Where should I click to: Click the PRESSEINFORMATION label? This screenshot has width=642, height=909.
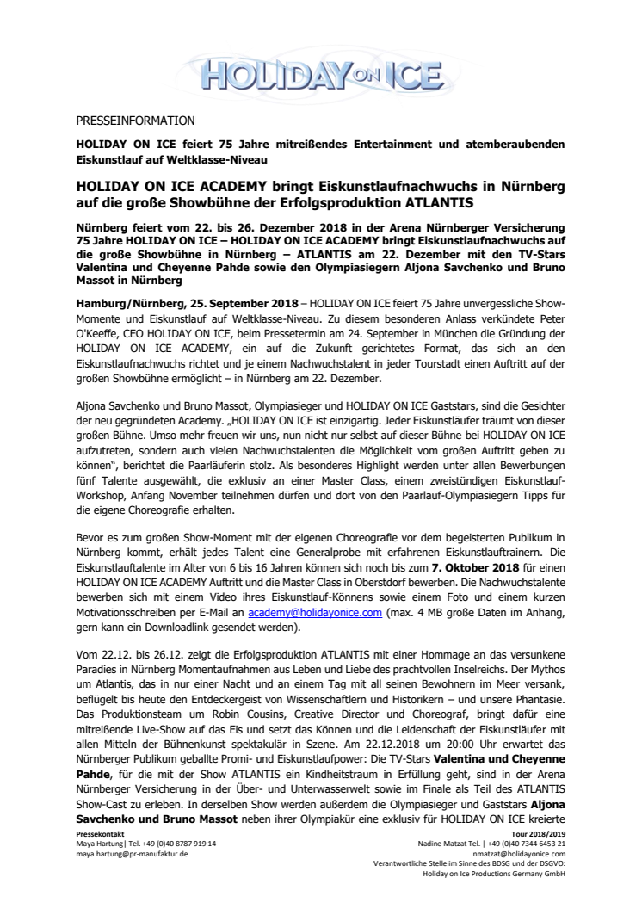point(135,121)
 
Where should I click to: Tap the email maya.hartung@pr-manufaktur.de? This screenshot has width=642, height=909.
point(132,854)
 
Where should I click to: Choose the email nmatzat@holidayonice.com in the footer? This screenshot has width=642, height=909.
point(524,854)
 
